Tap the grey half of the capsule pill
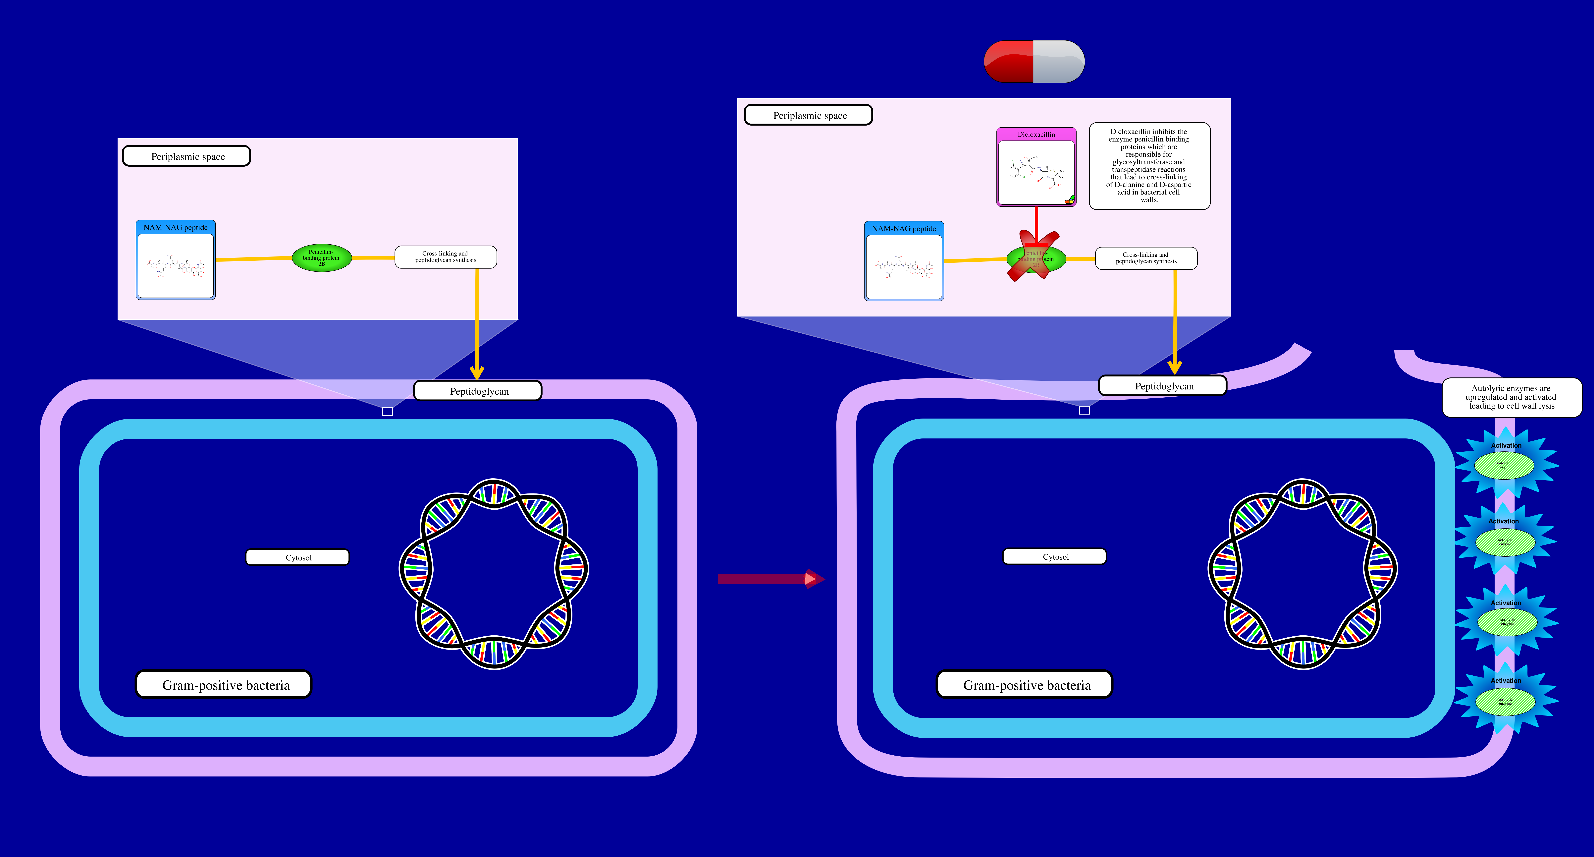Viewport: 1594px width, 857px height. (1058, 61)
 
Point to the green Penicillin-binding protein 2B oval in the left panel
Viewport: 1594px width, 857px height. (322, 258)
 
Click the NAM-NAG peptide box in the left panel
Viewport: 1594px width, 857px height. (176, 260)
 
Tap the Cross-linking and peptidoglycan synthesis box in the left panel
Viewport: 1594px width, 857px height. (446, 257)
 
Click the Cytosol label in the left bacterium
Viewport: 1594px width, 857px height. (298, 557)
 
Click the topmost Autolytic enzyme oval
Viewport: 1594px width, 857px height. (1504, 465)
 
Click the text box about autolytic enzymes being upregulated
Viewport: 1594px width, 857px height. (1511, 397)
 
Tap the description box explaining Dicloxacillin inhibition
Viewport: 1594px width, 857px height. (1149, 166)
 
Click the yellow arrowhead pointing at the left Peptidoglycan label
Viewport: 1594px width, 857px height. (476, 372)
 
